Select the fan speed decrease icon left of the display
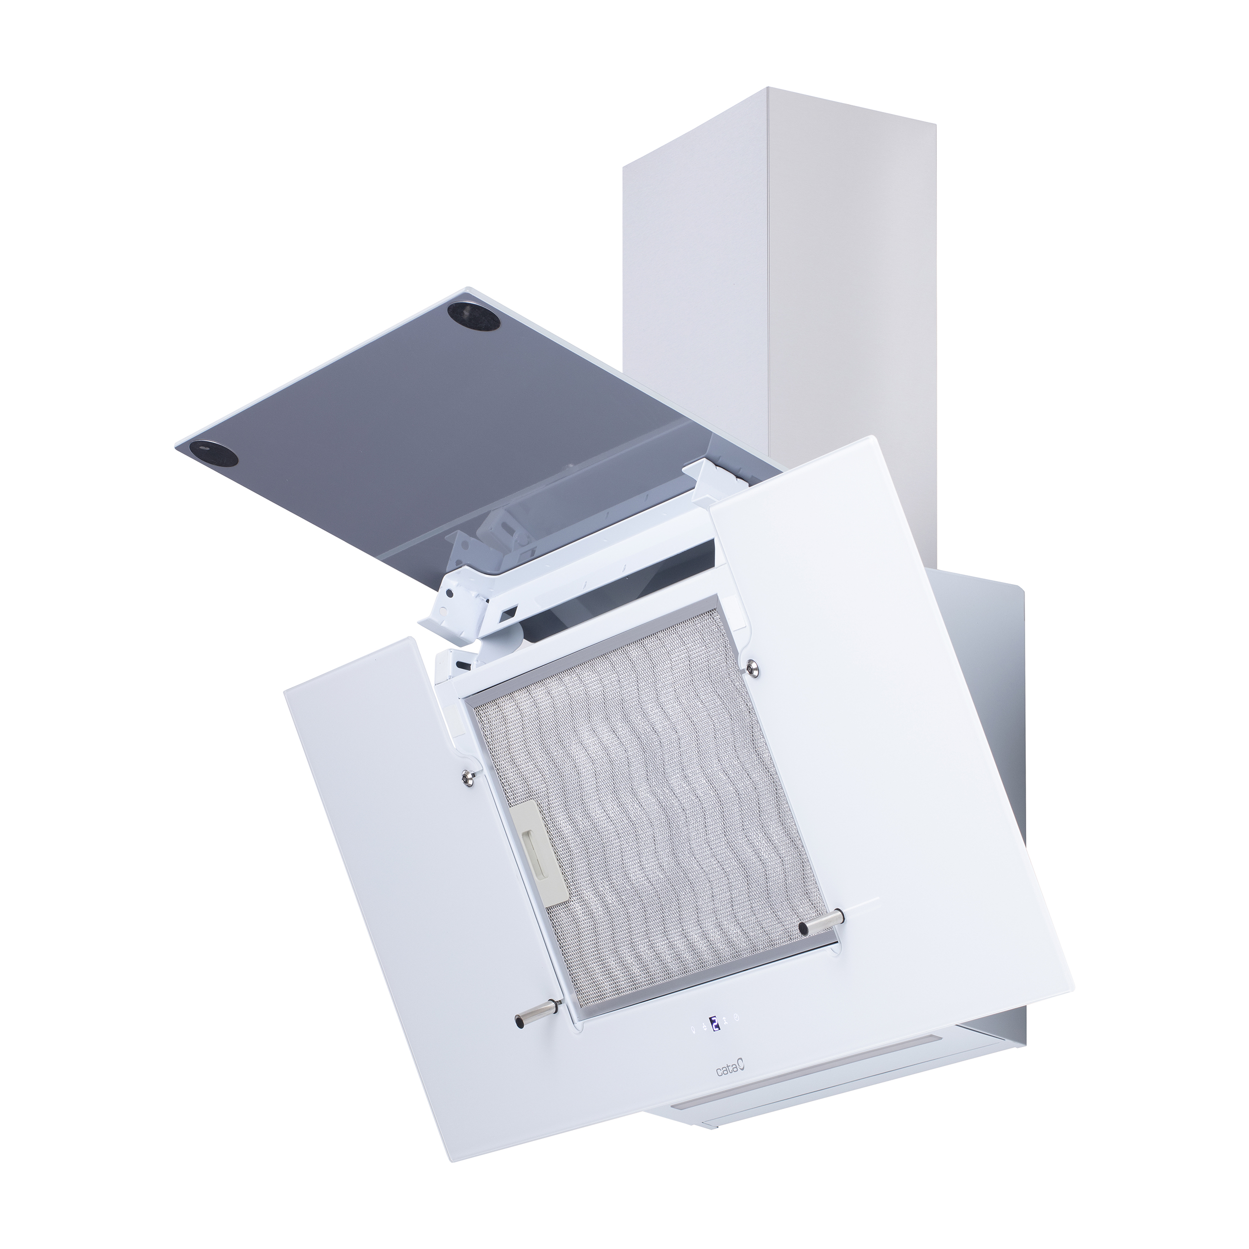pyautogui.click(x=704, y=1027)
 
